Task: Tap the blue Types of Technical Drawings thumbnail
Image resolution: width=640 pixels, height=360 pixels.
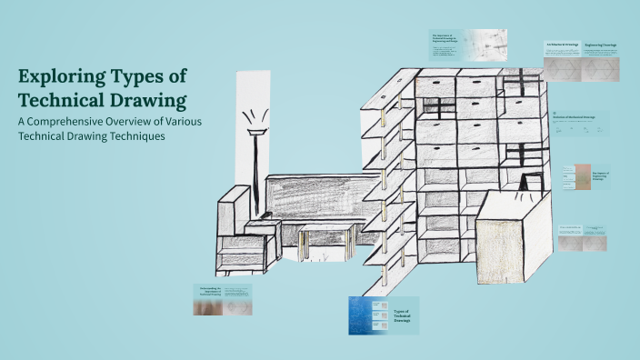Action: pos(383,315)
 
